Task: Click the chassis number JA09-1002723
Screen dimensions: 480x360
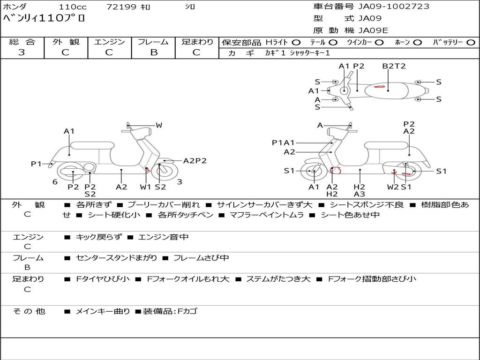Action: click(x=394, y=7)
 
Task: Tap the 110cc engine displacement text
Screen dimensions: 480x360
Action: click(x=73, y=7)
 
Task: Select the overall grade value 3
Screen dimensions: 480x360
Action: click(x=22, y=52)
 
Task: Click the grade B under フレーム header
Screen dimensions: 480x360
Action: click(x=154, y=52)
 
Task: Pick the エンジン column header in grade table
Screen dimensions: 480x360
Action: click(x=109, y=42)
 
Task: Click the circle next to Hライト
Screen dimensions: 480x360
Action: click(x=296, y=43)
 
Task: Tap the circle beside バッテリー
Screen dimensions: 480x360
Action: click(x=471, y=43)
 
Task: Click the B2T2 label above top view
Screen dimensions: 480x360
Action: click(x=394, y=66)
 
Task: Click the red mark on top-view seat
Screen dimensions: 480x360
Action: click(x=379, y=87)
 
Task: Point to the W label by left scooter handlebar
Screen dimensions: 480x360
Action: click(x=159, y=125)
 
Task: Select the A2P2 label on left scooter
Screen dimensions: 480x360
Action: click(x=195, y=161)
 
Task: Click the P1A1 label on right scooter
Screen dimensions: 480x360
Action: click(x=283, y=142)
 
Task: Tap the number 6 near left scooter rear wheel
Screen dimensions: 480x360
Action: click(x=55, y=182)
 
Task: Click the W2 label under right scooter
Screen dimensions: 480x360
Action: click(x=393, y=187)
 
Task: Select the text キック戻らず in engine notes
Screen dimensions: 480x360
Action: click(x=98, y=237)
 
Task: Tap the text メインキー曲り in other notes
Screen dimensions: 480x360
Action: click(x=103, y=311)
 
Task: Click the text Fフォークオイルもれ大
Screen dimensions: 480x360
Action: click(x=188, y=279)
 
